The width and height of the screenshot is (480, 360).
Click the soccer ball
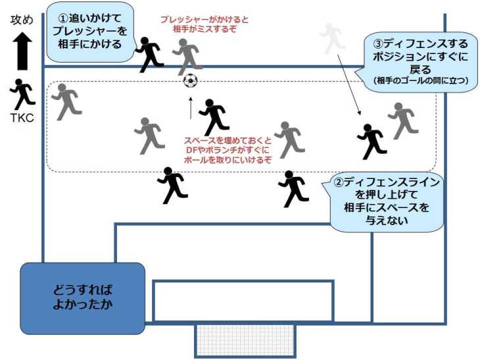pyautogui.click(x=190, y=81)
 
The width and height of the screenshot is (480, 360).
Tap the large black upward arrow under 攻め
pyautogui.click(x=22, y=51)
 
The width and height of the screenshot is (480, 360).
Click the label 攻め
pyautogui.click(x=22, y=20)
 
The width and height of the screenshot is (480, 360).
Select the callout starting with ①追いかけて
pyautogui.click(x=89, y=32)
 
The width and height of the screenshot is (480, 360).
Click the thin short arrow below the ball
pyautogui.click(x=191, y=108)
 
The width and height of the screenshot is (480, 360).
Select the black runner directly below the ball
pyautogui.click(x=213, y=117)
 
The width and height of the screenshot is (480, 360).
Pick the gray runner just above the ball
pyautogui.click(x=187, y=55)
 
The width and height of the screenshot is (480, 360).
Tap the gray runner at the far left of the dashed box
pyautogui.click(x=66, y=101)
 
